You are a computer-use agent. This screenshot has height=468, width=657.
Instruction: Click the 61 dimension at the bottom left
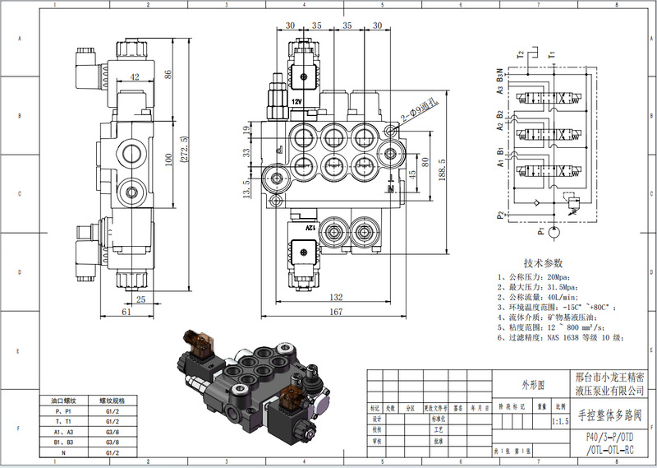pyautogui.click(x=126, y=312)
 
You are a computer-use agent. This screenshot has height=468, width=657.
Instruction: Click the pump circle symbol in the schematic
pyautogui.click(x=554, y=234)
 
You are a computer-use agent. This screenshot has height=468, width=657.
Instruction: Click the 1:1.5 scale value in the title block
pyautogui.click(x=562, y=420)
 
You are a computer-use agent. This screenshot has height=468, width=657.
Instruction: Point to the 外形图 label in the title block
pyautogui.click(x=531, y=384)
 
